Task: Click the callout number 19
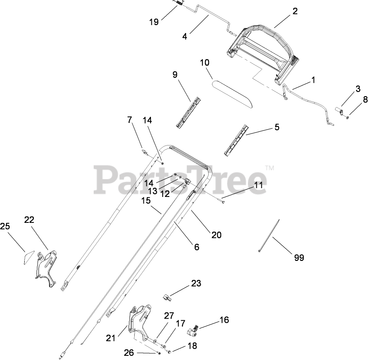point(154,22)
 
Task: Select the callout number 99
point(299,258)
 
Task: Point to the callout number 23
point(196,283)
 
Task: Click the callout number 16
point(224,320)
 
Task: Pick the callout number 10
point(204,63)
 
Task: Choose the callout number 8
point(365,100)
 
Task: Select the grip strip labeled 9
point(188,112)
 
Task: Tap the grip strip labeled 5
point(236,140)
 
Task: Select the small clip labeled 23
point(167,297)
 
